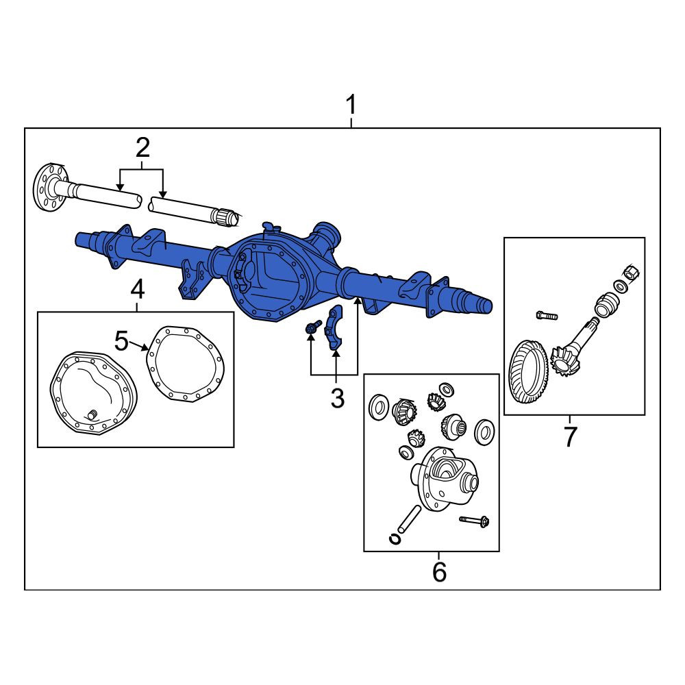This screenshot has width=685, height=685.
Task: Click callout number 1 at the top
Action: point(351,105)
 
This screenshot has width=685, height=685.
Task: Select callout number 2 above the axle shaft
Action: point(143,148)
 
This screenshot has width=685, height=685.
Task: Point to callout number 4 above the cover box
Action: point(137,289)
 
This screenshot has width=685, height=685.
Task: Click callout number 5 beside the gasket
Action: point(121,340)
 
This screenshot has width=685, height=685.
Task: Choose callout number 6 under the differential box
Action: point(440,571)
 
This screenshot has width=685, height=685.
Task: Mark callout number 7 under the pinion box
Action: point(570,436)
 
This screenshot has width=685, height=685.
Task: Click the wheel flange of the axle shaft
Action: point(50,188)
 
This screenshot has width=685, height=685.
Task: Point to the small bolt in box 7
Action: point(547,315)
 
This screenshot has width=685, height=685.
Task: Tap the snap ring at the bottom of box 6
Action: point(395,539)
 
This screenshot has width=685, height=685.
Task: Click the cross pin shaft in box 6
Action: point(409,519)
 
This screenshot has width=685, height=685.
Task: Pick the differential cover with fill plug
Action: point(94,393)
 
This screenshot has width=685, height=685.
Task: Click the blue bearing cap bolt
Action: point(313,327)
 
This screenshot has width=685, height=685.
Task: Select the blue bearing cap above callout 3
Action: point(334,327)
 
